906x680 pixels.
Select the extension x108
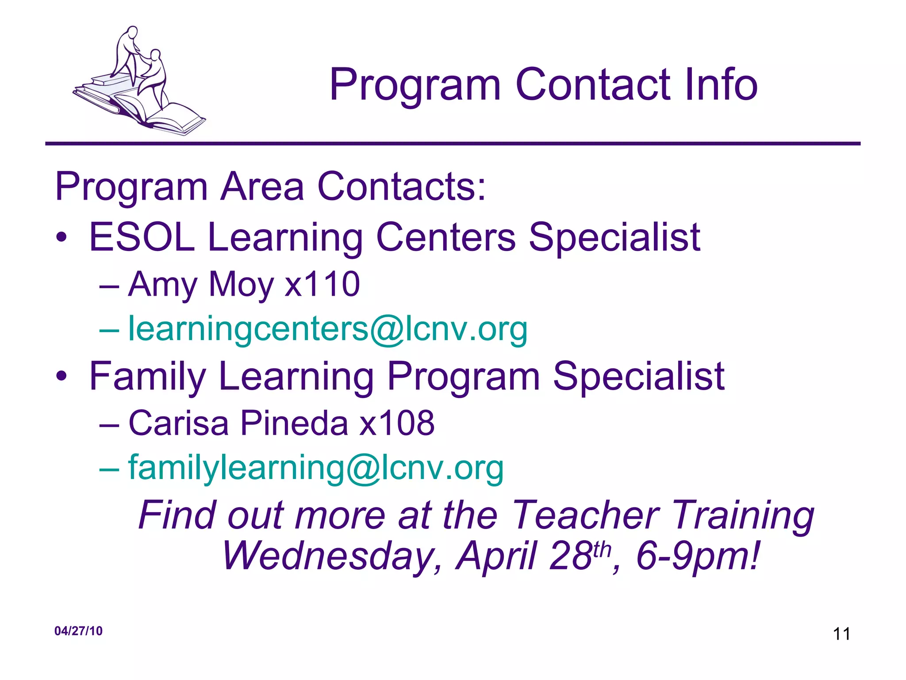(397, 423)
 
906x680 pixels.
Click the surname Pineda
(294, 423)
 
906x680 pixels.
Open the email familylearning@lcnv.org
(316, 468)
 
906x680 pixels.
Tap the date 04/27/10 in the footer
(78, 631)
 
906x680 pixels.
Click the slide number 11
(841, 634)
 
